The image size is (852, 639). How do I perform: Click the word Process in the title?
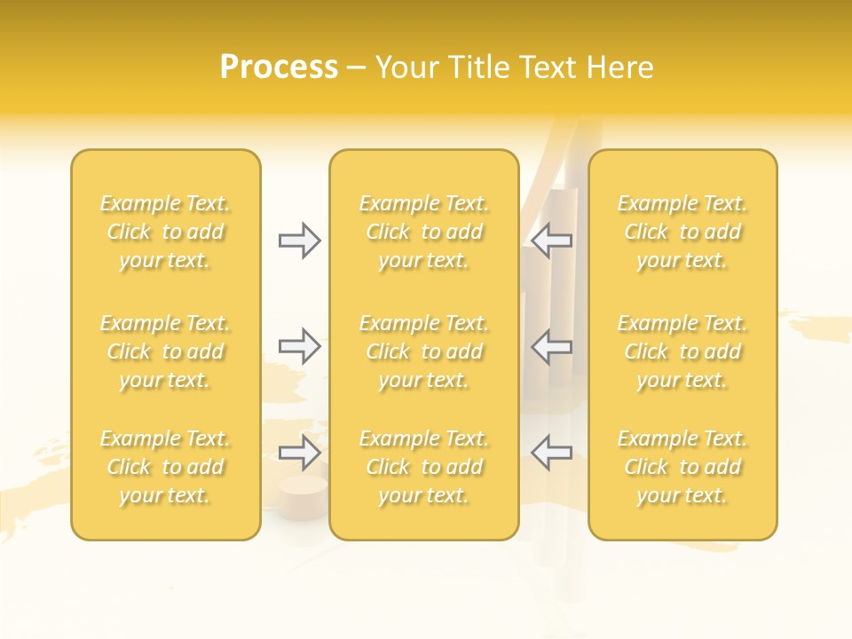tap(279, 67)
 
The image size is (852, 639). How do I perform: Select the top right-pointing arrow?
tap(299, 241)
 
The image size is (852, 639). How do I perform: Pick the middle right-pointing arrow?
tap(299, 346)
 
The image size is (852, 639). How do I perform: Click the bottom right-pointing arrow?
tap(299, 453)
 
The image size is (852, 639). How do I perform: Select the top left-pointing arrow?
tap(552, 241)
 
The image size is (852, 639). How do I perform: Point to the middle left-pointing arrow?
tap(552, 346)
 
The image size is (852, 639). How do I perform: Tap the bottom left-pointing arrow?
tap(552, 453)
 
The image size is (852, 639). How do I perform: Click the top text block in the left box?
tap(165, 232)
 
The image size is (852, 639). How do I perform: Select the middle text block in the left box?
tap(165, 351)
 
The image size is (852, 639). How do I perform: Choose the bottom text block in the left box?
tap(165, 467)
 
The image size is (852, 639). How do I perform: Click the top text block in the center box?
tap(423, 232)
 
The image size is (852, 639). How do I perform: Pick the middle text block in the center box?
tap(423, 351)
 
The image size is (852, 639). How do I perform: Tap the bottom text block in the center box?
tap(423, 467)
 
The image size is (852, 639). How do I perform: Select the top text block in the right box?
tap(682, 232)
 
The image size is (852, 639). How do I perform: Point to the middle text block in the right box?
tap(682, 351)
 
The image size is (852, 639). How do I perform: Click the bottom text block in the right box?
tap(682, 467)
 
